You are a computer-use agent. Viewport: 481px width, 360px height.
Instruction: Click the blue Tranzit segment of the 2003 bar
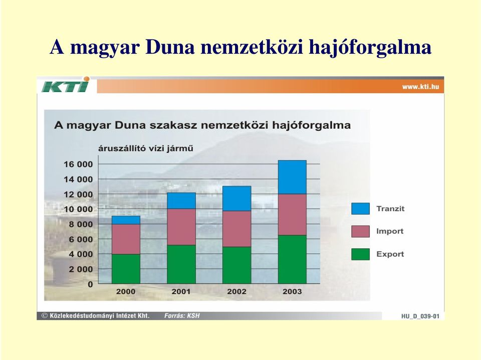[292, 177]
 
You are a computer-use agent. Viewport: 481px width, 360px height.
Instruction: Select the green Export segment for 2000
[126, 269]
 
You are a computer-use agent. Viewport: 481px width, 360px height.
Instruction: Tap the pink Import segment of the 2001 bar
[181, 227]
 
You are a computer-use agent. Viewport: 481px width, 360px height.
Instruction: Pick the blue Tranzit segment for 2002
[237, 198]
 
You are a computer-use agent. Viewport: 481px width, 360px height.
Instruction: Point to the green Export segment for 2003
[292, 259]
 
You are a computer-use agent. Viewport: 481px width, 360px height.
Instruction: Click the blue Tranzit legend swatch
[360, 209]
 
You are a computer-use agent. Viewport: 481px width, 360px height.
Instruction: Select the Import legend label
[390, 231]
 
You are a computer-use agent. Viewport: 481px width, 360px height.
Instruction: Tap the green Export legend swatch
[360, 254]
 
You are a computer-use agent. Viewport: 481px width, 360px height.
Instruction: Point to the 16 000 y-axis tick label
[78, 164]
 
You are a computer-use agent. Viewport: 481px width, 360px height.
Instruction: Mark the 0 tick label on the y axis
[90, 284]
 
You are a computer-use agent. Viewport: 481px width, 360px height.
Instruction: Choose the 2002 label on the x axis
[236, 292]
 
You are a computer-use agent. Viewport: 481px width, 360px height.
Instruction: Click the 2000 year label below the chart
[125, 292]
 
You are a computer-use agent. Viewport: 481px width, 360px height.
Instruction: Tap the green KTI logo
[66, 85]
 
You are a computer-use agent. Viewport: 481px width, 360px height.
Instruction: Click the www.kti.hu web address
[420, 87]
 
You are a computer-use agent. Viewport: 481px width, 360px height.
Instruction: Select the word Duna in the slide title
[170, 47]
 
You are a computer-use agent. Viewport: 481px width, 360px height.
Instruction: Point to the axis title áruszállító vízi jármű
[146, 148]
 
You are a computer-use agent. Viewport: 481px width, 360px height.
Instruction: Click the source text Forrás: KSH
[182, 315]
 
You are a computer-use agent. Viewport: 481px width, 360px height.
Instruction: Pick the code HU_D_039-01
[420, 316]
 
